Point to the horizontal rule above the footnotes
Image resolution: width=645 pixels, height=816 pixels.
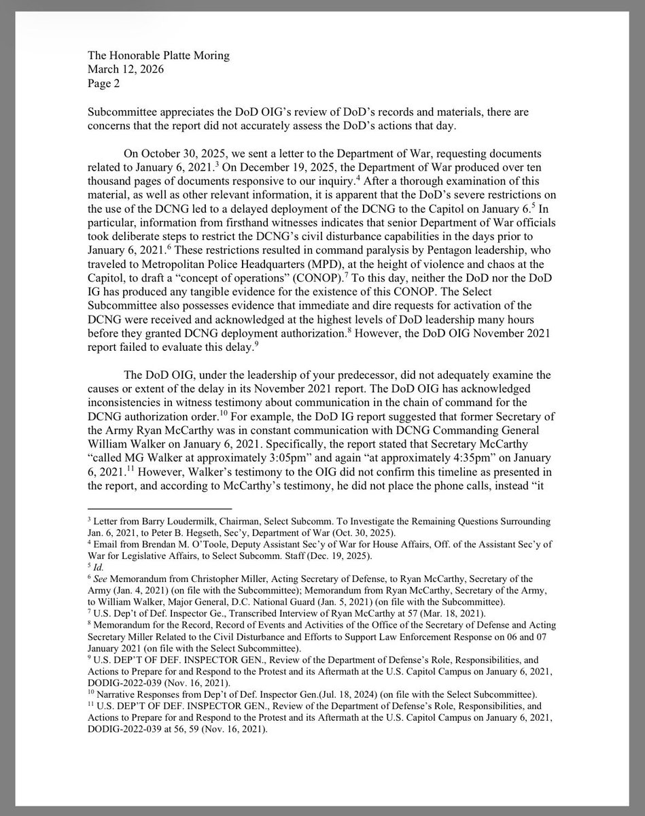[x=159, y=508]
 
